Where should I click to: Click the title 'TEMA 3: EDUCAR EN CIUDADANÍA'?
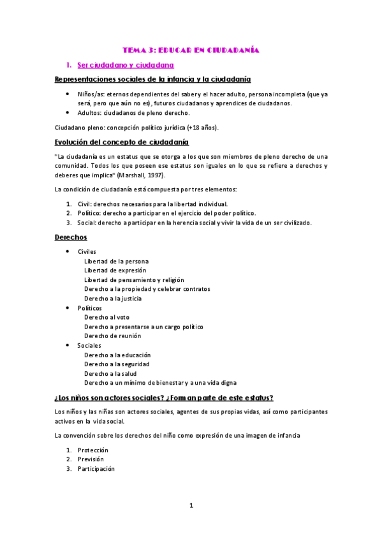click(x=191, y=49)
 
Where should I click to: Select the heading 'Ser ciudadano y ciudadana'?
click(x=126, y=65)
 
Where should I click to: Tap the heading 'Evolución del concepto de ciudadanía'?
click(x=122, y=142)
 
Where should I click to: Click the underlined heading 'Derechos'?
click(x=71, y=237)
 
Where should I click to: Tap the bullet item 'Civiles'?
click(x=87, y=251)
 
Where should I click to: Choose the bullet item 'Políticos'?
click(x=89, y=308)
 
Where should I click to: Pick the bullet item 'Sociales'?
click(x=89, y=345)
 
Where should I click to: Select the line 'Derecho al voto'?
click(x=107, y=317)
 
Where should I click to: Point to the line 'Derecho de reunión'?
click(x=112, y=336)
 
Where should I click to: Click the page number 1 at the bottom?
click(x=191, y=506)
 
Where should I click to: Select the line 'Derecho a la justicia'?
click(x=113, y=299)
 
